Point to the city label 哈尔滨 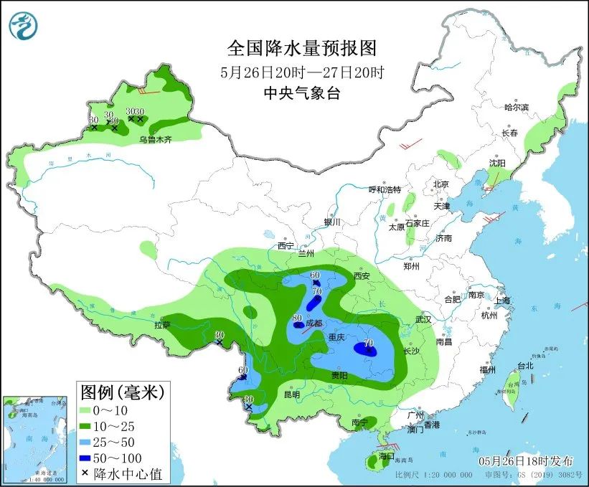click(515, 107)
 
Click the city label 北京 click(440, 184)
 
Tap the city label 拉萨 click(162, 325)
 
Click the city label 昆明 click(292, 394)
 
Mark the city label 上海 click(502, 301)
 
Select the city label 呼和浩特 click(385, 189)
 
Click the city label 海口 click(387, 456)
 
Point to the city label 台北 click(525, 366)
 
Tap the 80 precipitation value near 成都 click(296, 318)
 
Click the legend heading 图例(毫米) click(122, 392)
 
